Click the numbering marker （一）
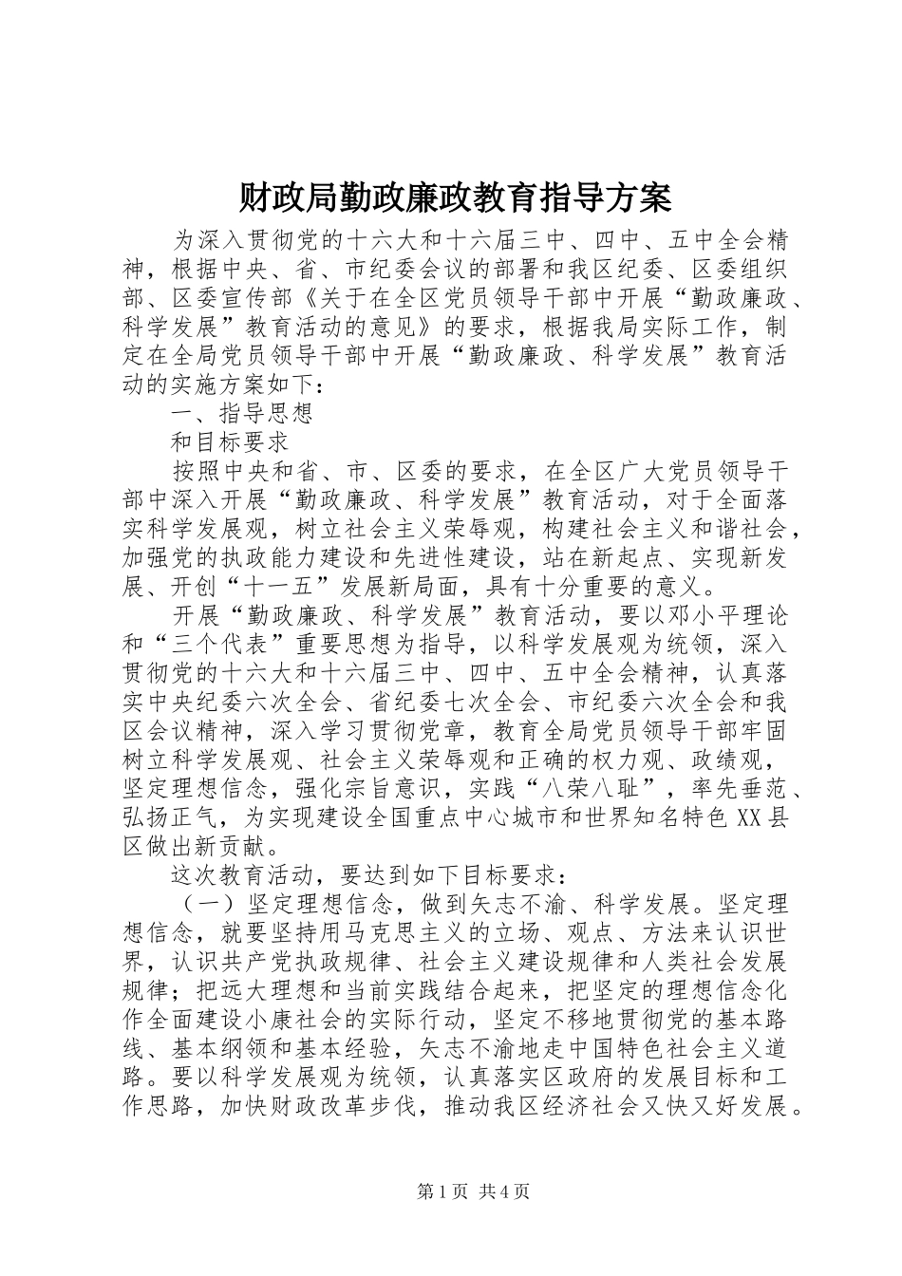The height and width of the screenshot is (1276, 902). coord(206,902)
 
